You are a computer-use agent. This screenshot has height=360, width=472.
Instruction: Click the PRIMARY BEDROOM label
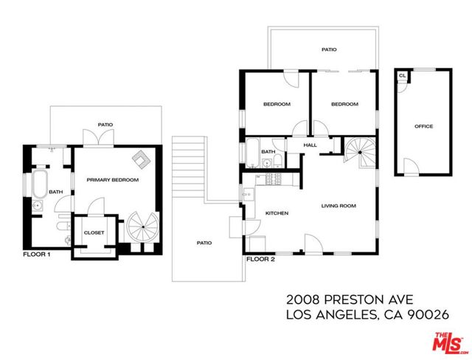pos(113,180)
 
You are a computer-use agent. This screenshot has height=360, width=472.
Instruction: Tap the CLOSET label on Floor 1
pos(94,232)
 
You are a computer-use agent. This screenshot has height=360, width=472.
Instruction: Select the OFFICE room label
pos(424,126)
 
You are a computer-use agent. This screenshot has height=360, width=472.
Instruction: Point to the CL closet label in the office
pos(402,76)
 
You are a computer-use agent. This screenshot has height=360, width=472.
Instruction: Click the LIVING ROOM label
pos(339,206)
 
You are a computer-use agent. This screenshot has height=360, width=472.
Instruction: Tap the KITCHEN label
pos(277,213)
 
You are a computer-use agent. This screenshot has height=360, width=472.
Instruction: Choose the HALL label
pos(310,145)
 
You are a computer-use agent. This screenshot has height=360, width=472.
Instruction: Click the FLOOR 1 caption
pos(37,255)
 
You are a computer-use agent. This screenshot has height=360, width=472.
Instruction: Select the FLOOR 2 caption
pos(260,259)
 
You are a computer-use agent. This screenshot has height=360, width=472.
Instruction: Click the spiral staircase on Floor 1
pos(142,226)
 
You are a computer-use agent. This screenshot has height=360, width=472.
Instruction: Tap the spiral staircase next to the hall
pos(361,152)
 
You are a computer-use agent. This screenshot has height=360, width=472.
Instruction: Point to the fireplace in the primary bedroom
pos(142,159)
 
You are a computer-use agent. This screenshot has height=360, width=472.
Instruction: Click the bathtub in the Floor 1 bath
pos(40,184)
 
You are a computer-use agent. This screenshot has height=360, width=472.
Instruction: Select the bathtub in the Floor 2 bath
pos(252,153)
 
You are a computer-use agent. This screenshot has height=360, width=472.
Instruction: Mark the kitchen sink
pos(249,195)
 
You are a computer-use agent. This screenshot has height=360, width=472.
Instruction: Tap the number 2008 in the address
pos(302,300)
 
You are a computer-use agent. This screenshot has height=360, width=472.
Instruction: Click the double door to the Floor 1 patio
pos(98,138)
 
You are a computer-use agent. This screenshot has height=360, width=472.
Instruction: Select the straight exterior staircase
pos(189,167)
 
